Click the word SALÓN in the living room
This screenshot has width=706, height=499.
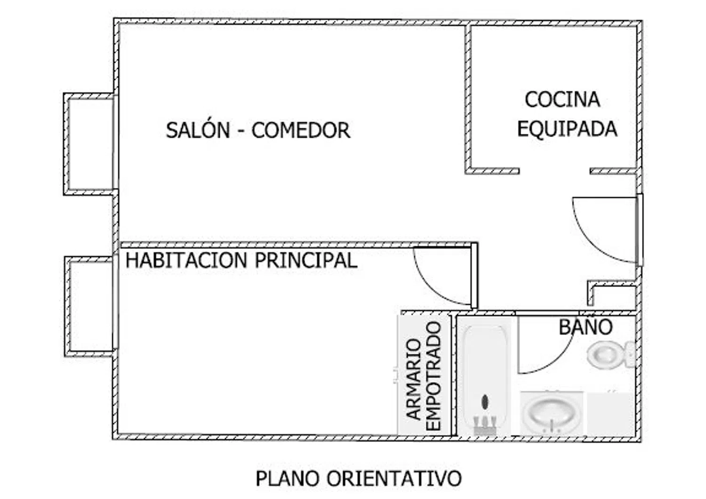[x=198, y=131]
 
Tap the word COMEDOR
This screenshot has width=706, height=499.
[x=301, y=131]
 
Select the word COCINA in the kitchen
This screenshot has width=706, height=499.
[x=562, y=99]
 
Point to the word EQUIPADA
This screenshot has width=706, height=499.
[x=567, y=129]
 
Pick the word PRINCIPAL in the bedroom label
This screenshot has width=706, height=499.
[x=306, y=261]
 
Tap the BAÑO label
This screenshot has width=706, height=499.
[x=586, y=327]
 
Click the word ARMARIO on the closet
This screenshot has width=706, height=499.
[x=414, y=379]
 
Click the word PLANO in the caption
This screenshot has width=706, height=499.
[x=288, y=479]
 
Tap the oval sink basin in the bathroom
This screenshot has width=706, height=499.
[x=551, y=412]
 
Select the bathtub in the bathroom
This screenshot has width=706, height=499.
[x=484, y=377]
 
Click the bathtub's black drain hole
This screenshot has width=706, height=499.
[x=485, y=402]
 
